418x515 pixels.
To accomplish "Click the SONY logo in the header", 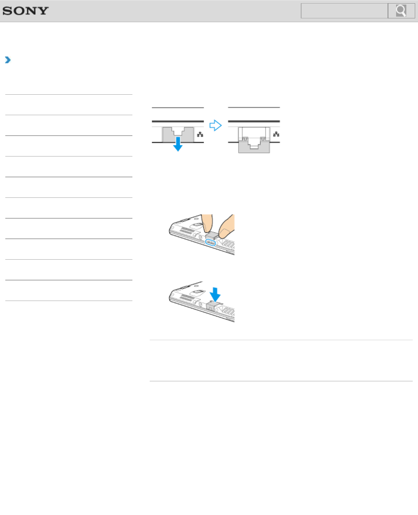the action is point(25,11).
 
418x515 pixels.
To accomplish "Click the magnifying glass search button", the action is point(401,11).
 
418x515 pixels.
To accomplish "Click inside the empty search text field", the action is point(344,11).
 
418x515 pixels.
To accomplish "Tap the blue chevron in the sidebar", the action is point(8,60).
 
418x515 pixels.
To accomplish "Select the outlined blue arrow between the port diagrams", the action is point(215,125).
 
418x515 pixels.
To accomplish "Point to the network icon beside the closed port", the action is point(200,135).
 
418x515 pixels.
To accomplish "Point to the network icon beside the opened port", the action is point(276,135).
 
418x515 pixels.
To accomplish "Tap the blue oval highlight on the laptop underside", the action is point(210,242).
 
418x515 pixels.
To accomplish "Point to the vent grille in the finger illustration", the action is point(187,232).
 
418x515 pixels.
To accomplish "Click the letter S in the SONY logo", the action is point(7,11).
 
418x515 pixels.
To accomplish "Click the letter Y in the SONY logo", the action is point(44,11).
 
